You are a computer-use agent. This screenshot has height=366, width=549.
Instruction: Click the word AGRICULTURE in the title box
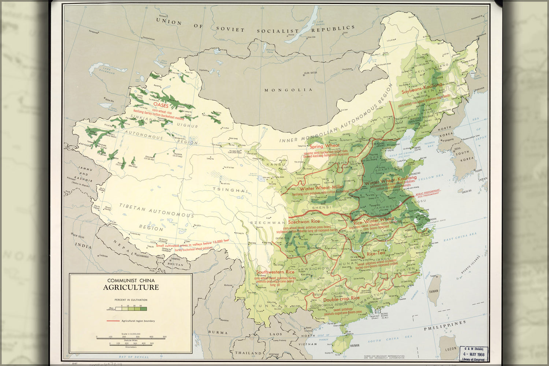coord(131,287)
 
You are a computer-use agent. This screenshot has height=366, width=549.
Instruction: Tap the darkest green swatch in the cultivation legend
coord(144,309)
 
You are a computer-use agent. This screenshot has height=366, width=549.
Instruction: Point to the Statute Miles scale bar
coord(130,337)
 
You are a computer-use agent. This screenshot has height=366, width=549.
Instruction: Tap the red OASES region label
coord(161,105)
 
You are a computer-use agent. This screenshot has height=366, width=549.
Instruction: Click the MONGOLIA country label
coord(289,90)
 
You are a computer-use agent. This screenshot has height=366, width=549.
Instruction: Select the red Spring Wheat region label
coord(324,146)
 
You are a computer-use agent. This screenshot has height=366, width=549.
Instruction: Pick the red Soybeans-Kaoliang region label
coord(422,88)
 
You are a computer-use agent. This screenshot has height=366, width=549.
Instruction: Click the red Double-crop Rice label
coord(341,299)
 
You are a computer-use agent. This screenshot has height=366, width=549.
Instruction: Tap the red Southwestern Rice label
coord(275,272)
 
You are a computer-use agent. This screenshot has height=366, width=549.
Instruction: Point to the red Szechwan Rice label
coord(304,221)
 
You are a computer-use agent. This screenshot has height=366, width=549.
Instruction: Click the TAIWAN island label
coord(433,291)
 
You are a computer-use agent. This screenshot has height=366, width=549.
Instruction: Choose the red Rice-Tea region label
coord(376,254)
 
